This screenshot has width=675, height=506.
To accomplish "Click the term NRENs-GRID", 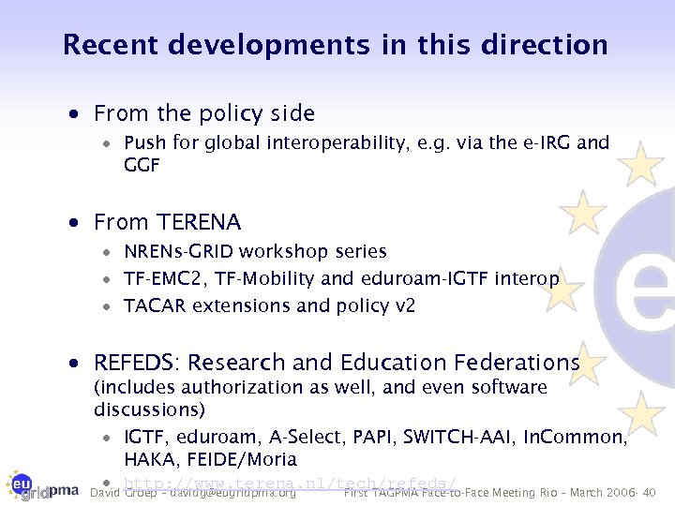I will tap(179, 251).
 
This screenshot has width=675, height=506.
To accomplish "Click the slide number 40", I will tap(650, 493).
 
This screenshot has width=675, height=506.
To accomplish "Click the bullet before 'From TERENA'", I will tap(83, 223).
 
